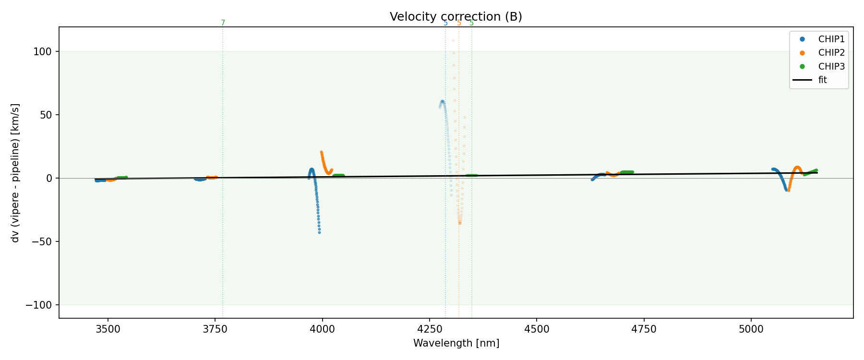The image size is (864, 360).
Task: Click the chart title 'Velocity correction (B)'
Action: tap(456, 17)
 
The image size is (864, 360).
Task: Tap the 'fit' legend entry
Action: tap(822, 80)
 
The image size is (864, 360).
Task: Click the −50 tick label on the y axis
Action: tap(44, 241)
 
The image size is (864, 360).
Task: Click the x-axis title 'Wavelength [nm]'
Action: tap(456, 343)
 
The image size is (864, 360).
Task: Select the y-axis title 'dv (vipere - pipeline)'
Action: tap(15, 173)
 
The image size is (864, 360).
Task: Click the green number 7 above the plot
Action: tap(223, 23)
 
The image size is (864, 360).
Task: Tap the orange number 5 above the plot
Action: tap(459, 23)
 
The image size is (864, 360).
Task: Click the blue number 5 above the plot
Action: tap(445, 23)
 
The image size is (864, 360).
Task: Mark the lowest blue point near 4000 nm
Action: tap(319, 232)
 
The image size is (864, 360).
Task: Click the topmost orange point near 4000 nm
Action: tap(321, 152)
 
